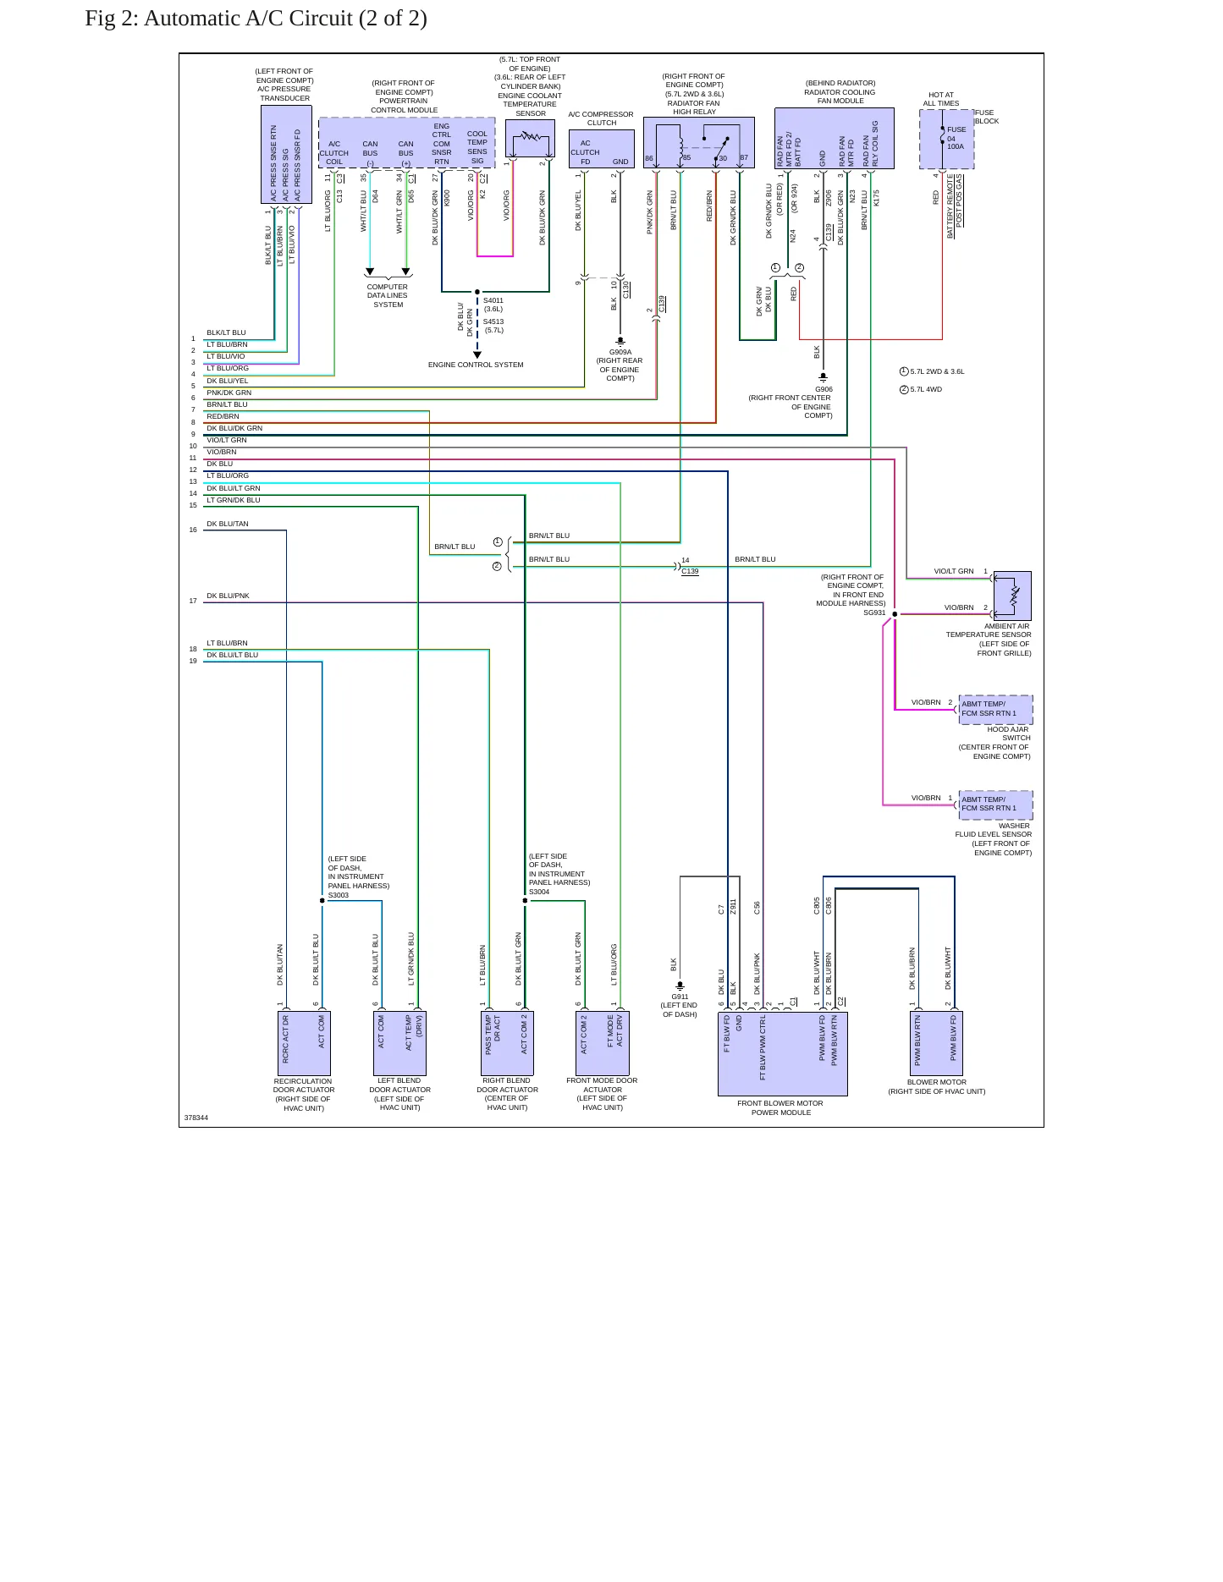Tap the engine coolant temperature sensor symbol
[x=530, y=138]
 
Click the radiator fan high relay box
[x=698, y=142]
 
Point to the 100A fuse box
[x=946, y=139]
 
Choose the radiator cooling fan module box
[x=834, y=138]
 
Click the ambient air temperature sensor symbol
[x=1012, y=596]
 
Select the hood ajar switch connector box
[x=995, y=709]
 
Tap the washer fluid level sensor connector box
[x=995, y=805]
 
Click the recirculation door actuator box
[x=304, y=1043]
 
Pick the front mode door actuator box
[x=603, y=1043]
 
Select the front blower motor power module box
[x=782, y=1053]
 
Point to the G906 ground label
[x=824, y=390]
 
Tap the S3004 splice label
[x=539, y=892]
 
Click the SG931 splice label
[x=874, y=612]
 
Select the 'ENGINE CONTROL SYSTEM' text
[x=476, y=365]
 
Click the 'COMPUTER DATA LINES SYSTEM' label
[x=388, y=295]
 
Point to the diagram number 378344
[x=196, y=1118]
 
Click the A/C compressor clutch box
[x=602, y=149]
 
